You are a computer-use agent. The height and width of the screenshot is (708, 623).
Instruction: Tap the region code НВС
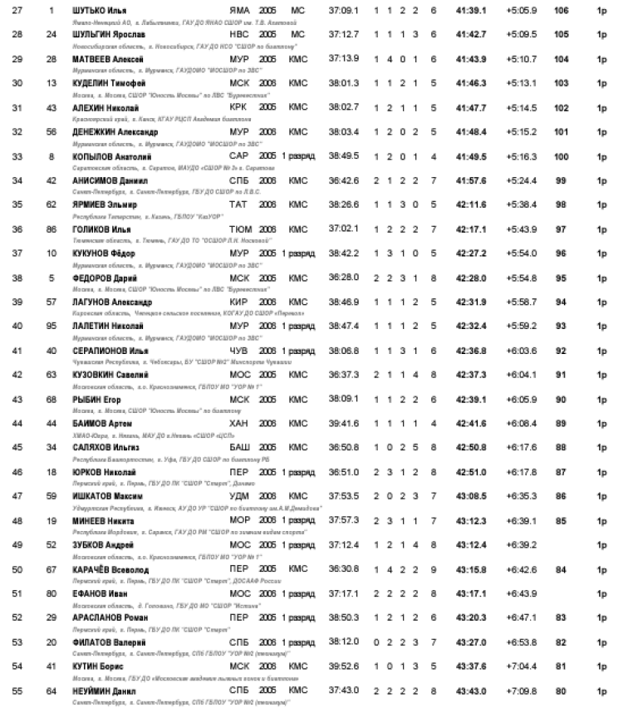(238, 37)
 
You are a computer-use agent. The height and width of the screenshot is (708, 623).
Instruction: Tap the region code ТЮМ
(239, 226)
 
